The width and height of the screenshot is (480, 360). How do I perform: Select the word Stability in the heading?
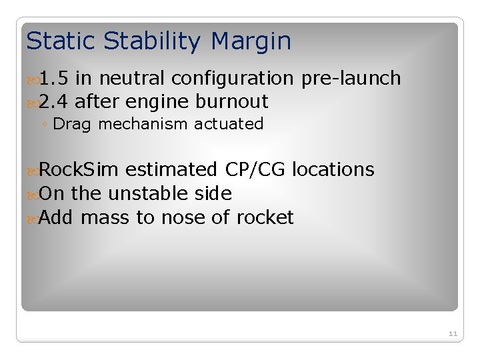click(x=152, y=41)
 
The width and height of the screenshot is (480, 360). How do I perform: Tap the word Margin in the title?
click(x=251, y=41)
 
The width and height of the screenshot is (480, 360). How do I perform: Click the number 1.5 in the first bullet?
click(x=53, y=79)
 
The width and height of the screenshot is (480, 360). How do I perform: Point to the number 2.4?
click(x=53, y=101)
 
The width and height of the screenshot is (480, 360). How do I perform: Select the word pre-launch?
click(x=351, y=79)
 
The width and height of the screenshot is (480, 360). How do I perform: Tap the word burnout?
click(x=232, y=101)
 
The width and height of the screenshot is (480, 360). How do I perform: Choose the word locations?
click(x=333, y=170)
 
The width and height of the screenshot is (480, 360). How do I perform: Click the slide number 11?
click(x=453, y=333)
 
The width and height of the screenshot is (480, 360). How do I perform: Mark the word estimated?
click(x=171, y=170)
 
